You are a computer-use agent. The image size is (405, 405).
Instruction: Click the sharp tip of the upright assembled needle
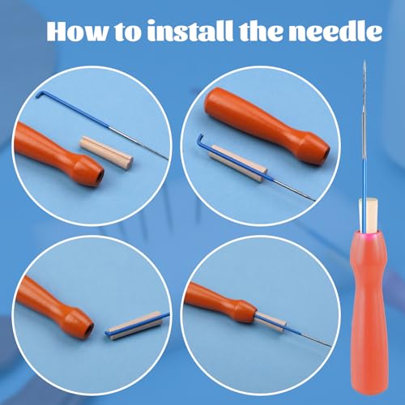(366, 66)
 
